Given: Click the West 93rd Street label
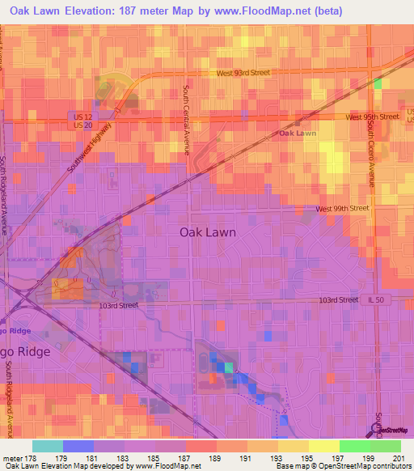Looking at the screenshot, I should [243, 73].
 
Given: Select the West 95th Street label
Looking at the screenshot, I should [372, 117].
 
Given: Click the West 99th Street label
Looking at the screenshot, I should [342, 208].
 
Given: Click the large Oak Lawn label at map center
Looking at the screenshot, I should [207, 231].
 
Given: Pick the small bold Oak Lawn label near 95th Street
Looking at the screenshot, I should [298, 133].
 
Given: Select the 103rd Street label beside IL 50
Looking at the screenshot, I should [339, 299].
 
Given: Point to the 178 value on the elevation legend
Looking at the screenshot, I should [29, 457].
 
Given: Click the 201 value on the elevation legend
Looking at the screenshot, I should [396, 457].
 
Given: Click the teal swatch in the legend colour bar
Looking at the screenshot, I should [47, 446].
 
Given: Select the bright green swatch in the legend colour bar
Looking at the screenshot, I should [355, 446].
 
